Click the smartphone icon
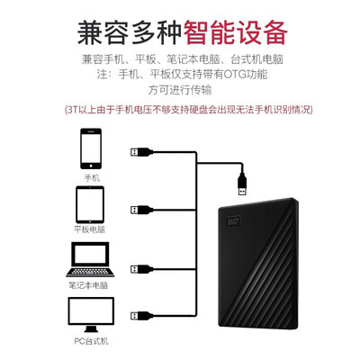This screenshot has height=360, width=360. pyautogui.click(x=91, y=148)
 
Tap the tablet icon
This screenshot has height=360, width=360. pyautogui.click(x=90, y=204)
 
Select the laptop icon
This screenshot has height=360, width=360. pyautogui.click(x=90, y=259)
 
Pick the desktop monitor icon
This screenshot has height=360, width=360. pyautogui.click(x=91, y=315)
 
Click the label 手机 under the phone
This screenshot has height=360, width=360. pyautogui.click(x=92, y=178)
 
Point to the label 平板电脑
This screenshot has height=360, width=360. pyautogui.click(x=90, y=229)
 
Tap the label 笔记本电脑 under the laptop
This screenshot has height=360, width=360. pyautogui.click(x=88, y=285)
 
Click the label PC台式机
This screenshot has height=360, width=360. pyautogui.click(x=91, y=341)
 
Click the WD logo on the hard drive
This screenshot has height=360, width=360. pyautogui.click(x=234, y=221)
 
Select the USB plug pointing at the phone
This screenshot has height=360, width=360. pyautogui.click(x=141, y=152)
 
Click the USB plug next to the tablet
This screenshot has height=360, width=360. pyautogui.click(x=141, y=210)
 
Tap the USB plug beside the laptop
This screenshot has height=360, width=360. pyautogui.click(x=141, y=268)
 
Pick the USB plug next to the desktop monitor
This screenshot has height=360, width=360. pyautogui.click(x=141, y=316)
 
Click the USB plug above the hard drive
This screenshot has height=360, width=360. pyautogui.click(x=242, y=184)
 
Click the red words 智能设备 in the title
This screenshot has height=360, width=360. pyautogui.click(x=235, y=32)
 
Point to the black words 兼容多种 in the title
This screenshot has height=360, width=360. pyautogui.click(x=130, y=32)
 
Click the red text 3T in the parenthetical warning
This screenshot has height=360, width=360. pyautogui.click(x=73, y=110)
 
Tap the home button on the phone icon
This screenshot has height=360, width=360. pyautogui.click(x=91, y=166)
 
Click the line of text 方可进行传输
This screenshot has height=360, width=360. pyautogui.click(x=180, y=90)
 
